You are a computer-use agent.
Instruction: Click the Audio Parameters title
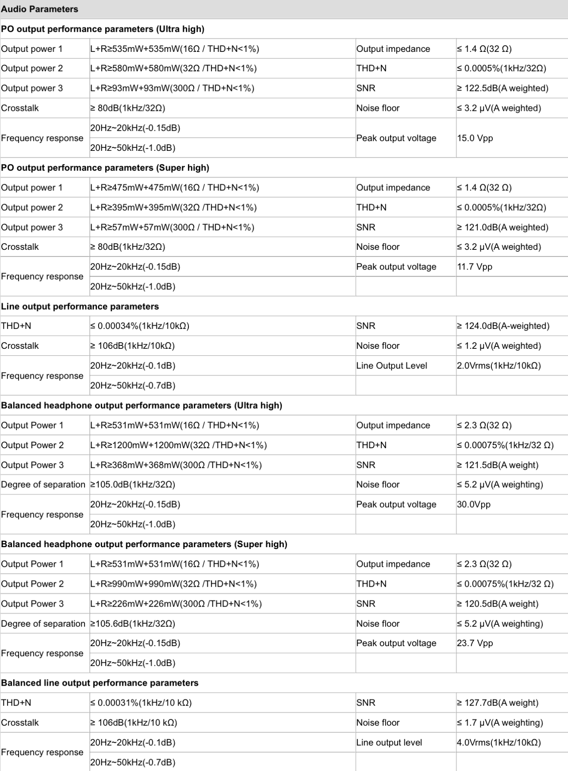point(40,9)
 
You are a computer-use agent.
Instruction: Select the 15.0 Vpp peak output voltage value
point(475,138)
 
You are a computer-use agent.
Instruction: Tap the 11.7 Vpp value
point(474,267)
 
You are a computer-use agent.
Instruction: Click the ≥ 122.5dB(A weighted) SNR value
point(502,88)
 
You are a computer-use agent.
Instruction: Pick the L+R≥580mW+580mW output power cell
point(173,68)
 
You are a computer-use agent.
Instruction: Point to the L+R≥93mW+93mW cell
point(172,88)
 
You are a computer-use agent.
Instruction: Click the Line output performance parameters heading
point(80,306)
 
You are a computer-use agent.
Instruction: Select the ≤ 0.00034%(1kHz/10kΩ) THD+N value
point(140,326)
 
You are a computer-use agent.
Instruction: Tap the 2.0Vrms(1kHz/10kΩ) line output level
point(499,365)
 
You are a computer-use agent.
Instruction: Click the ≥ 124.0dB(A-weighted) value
point(503,326)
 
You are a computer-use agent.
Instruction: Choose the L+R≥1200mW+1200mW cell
point(178,445)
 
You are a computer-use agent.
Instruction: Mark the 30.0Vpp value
point(473,504)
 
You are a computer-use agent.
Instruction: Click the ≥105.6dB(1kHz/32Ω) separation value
point(133,624)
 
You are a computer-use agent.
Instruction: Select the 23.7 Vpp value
point(475,643)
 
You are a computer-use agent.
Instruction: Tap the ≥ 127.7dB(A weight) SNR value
point(498,703)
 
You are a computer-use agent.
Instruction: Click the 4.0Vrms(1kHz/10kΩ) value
point(499,742)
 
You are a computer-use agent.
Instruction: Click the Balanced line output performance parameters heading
point(100,683)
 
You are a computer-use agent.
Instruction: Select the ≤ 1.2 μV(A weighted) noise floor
point(499,346)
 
